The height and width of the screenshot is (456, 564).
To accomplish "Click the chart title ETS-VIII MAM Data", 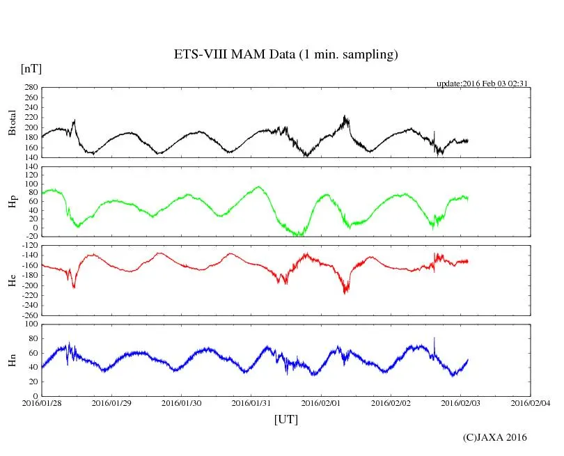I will click(x=285, y=55).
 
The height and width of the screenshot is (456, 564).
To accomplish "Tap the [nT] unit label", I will click(x=31, y=69).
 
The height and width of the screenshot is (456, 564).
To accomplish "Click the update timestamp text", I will click(x=483, y=84).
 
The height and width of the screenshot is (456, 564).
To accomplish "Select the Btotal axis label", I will click(x=12, y=123).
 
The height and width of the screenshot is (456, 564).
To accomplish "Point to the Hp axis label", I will click(x=12, y=201).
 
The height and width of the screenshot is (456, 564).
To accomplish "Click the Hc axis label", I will click(x=12, y=280).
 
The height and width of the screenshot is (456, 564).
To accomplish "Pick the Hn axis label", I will click(x=12, y=360).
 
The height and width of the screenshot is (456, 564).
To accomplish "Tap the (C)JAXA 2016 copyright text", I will click(x=495, y=437).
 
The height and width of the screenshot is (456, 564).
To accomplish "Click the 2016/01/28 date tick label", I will click(x=42, y=402).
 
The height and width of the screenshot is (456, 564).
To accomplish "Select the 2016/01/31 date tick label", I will click(x=251, y=402).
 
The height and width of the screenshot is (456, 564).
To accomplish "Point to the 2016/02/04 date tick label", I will click(x=531, y=402).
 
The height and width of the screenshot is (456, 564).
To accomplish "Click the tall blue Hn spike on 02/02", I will click(x=434, y=339).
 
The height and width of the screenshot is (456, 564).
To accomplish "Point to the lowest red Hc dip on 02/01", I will click(x=345, y=292).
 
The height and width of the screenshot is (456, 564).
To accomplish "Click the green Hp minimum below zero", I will click(x=299, y=235).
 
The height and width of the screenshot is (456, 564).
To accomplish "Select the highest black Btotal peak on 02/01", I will click(x=345, y=117).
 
